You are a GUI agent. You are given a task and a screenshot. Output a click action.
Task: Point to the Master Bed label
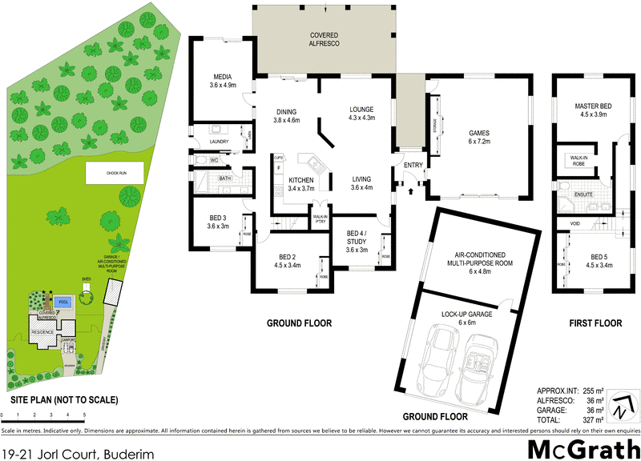(594, 110)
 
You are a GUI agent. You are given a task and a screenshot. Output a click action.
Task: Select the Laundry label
(220, 142)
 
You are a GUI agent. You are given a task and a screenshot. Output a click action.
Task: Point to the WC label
(214, 160)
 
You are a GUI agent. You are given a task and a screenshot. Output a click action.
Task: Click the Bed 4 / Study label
(357, 241)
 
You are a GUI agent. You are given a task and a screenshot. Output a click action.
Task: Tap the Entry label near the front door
(413, 165)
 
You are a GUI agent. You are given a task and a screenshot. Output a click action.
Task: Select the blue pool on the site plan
(64, 303)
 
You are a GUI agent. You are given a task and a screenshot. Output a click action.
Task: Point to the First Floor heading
(594, 323)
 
